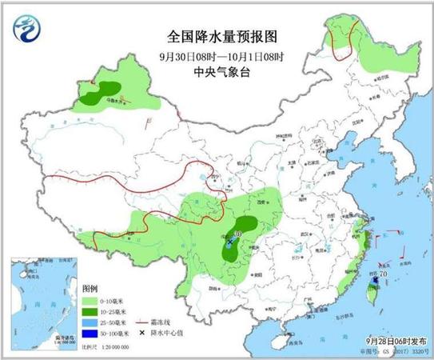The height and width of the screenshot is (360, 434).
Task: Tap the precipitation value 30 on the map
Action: coord(237,234)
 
